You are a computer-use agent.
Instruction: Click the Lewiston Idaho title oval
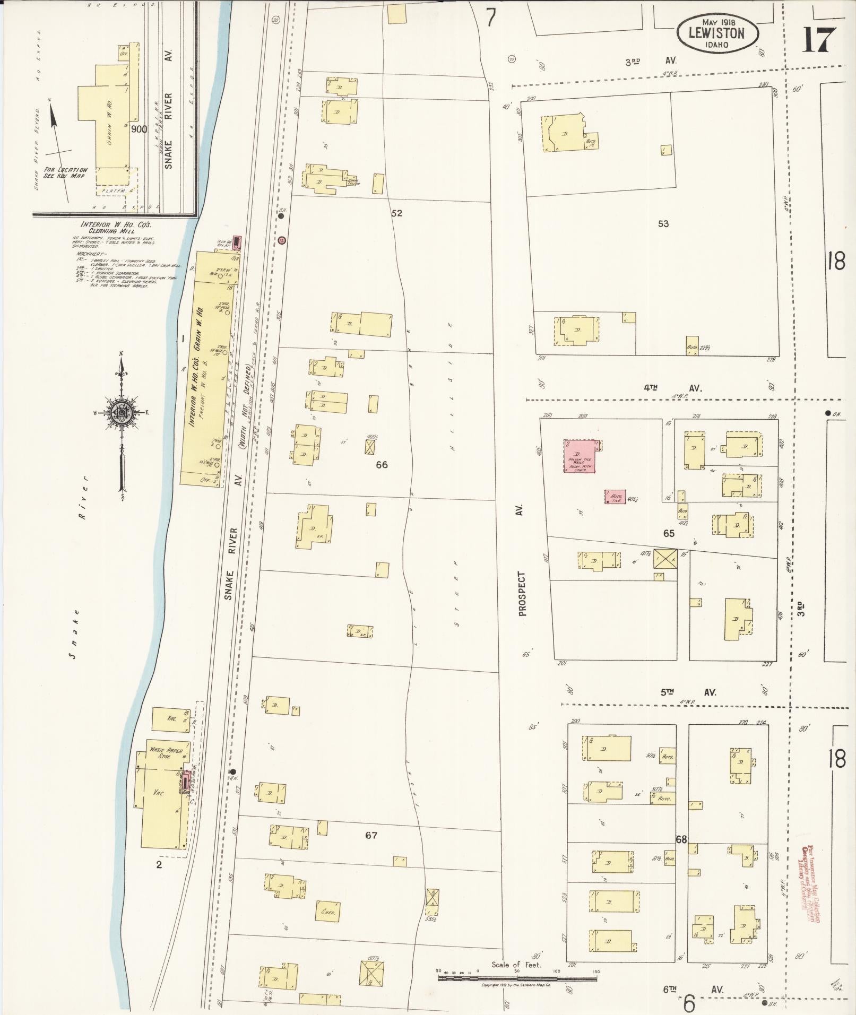[717, 33]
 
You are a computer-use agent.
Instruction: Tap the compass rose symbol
[122, 413]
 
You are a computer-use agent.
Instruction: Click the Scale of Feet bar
[517, 977]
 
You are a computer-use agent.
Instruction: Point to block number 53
[663, 223]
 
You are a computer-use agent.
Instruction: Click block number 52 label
[396, 213]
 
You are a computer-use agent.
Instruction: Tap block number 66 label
[381, 465]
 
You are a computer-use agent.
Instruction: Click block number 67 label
[371, 835]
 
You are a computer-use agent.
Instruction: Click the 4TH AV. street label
[672, 388]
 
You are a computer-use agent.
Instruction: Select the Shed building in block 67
[327, 912]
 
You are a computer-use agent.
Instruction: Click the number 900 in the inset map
[139, 129]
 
